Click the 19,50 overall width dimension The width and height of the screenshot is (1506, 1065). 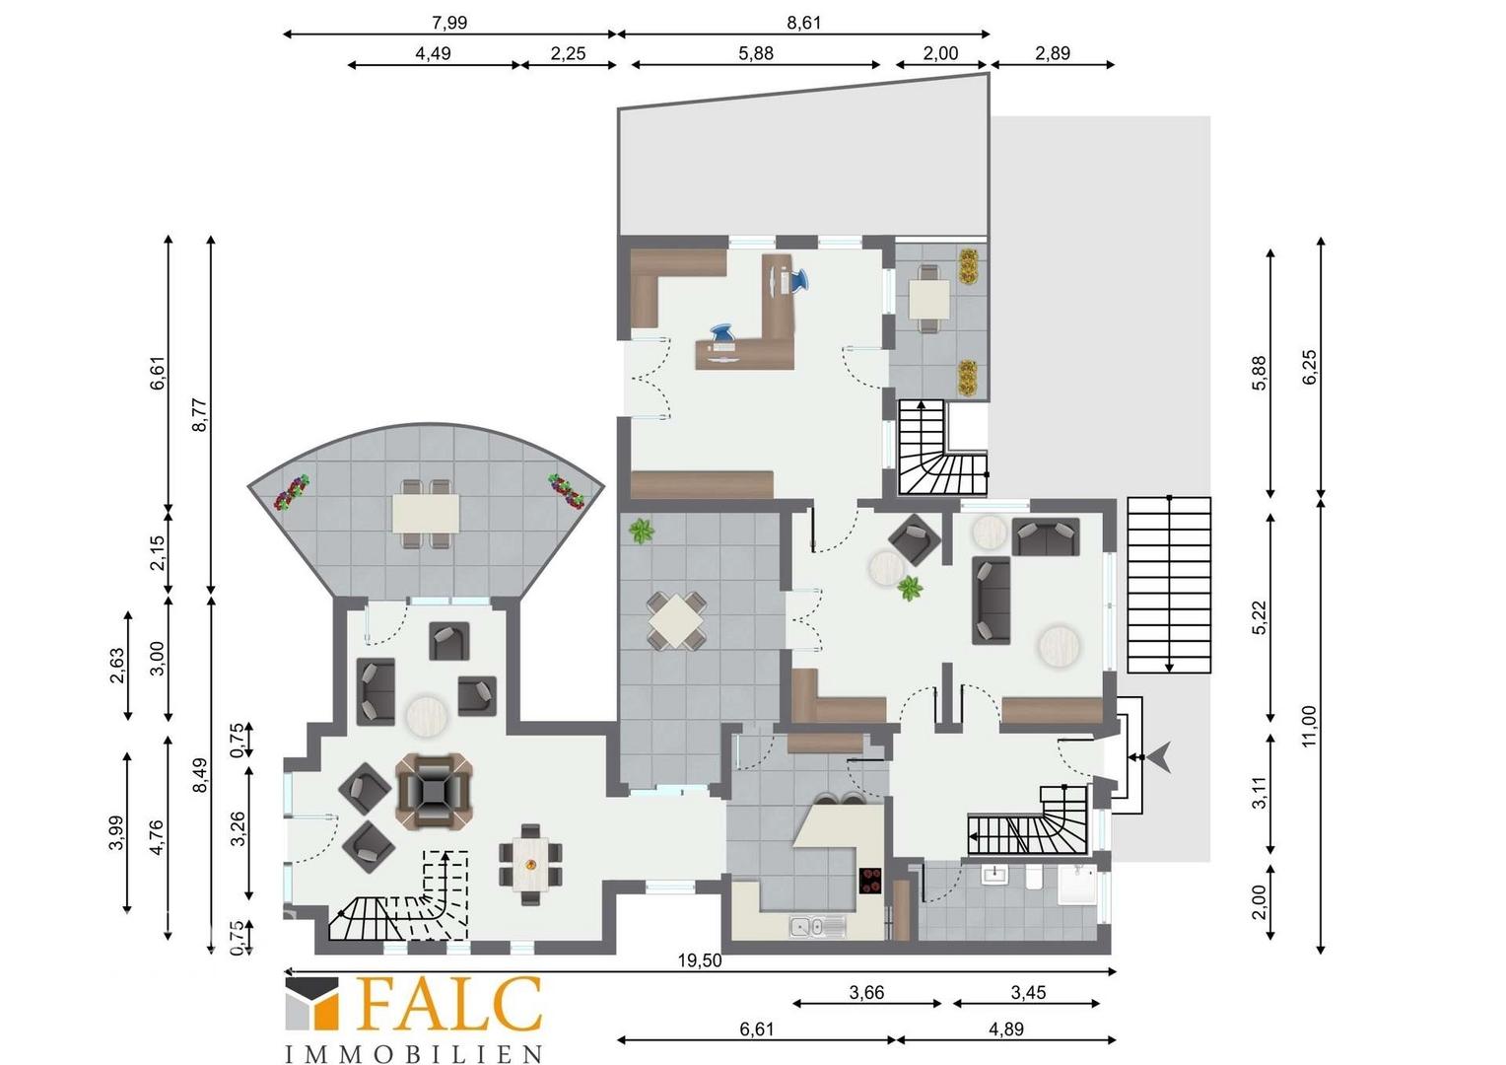699,960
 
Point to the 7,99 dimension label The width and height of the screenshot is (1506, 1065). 449,23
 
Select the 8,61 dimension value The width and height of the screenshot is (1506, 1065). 803,23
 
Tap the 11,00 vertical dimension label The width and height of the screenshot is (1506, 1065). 1309,726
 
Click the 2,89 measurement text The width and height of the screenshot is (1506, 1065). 1053,53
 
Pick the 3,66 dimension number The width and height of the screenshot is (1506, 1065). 866,992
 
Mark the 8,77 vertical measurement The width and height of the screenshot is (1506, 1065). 200,415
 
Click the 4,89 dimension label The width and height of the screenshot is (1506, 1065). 1005,1029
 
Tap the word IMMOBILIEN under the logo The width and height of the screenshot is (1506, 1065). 414,1053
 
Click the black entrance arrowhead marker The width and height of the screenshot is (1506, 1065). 1161,757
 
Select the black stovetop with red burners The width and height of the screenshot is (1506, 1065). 871,881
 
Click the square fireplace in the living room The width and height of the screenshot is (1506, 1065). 435,791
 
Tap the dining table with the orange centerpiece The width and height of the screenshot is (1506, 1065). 531,865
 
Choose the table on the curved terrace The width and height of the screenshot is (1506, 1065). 426,514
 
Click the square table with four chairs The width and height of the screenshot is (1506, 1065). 676,621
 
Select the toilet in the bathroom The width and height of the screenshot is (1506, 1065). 1035,878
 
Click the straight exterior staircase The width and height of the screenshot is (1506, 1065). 1169,585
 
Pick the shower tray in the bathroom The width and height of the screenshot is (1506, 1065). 1077,885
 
